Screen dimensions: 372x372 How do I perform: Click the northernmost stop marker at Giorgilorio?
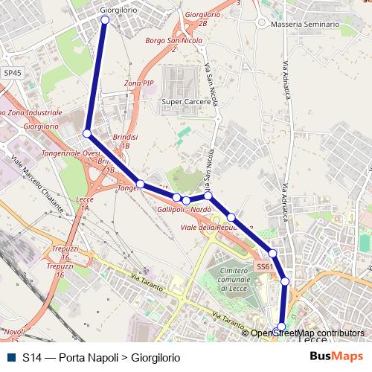105,20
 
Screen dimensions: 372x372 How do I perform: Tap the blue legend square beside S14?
10,357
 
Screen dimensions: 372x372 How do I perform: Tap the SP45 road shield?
13,73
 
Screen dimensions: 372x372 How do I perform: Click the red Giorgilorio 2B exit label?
202,19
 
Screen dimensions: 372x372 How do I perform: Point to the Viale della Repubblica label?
217,227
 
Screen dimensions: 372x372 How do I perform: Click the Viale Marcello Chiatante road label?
36,175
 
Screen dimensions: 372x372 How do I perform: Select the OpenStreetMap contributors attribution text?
307,333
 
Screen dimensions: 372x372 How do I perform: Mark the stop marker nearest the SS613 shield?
273,254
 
